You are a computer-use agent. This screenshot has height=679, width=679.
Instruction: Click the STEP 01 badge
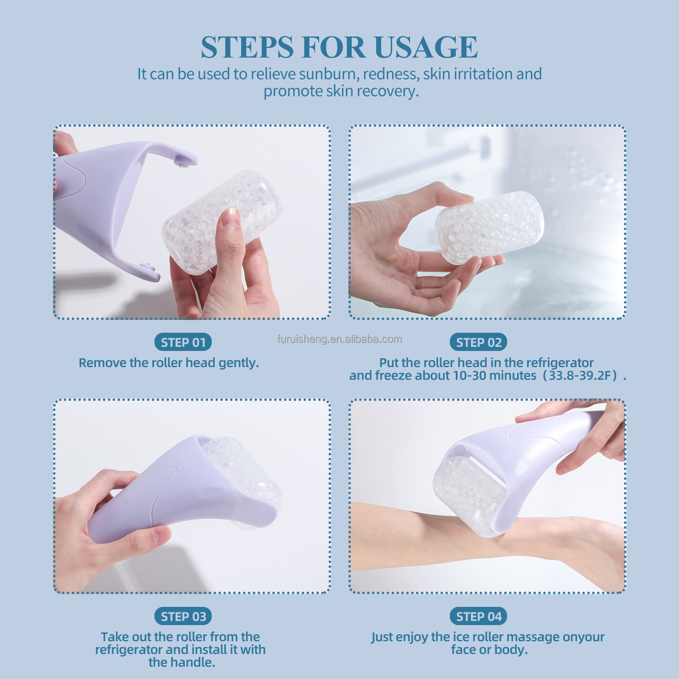click(x=183, y=342)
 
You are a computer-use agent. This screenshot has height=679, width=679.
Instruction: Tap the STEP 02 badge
click(x=478, y=342)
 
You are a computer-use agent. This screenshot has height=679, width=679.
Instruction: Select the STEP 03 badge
click(x=183, y=616)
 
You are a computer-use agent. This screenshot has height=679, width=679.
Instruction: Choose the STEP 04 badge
click(x=478, y=616)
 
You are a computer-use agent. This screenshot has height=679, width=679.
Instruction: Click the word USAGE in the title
click(x=426, y=47)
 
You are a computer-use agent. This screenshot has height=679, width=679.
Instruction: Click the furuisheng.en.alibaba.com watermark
click(x=339, y=339)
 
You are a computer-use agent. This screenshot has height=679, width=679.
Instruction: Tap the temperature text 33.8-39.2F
click(x=580, y=376)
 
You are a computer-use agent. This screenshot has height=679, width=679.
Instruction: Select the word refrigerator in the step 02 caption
click(x=559, y=363)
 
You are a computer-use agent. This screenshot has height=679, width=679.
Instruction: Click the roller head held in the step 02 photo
click(x=488, y=227)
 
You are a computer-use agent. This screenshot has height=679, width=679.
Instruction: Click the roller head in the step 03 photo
click(x=246, y=471)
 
